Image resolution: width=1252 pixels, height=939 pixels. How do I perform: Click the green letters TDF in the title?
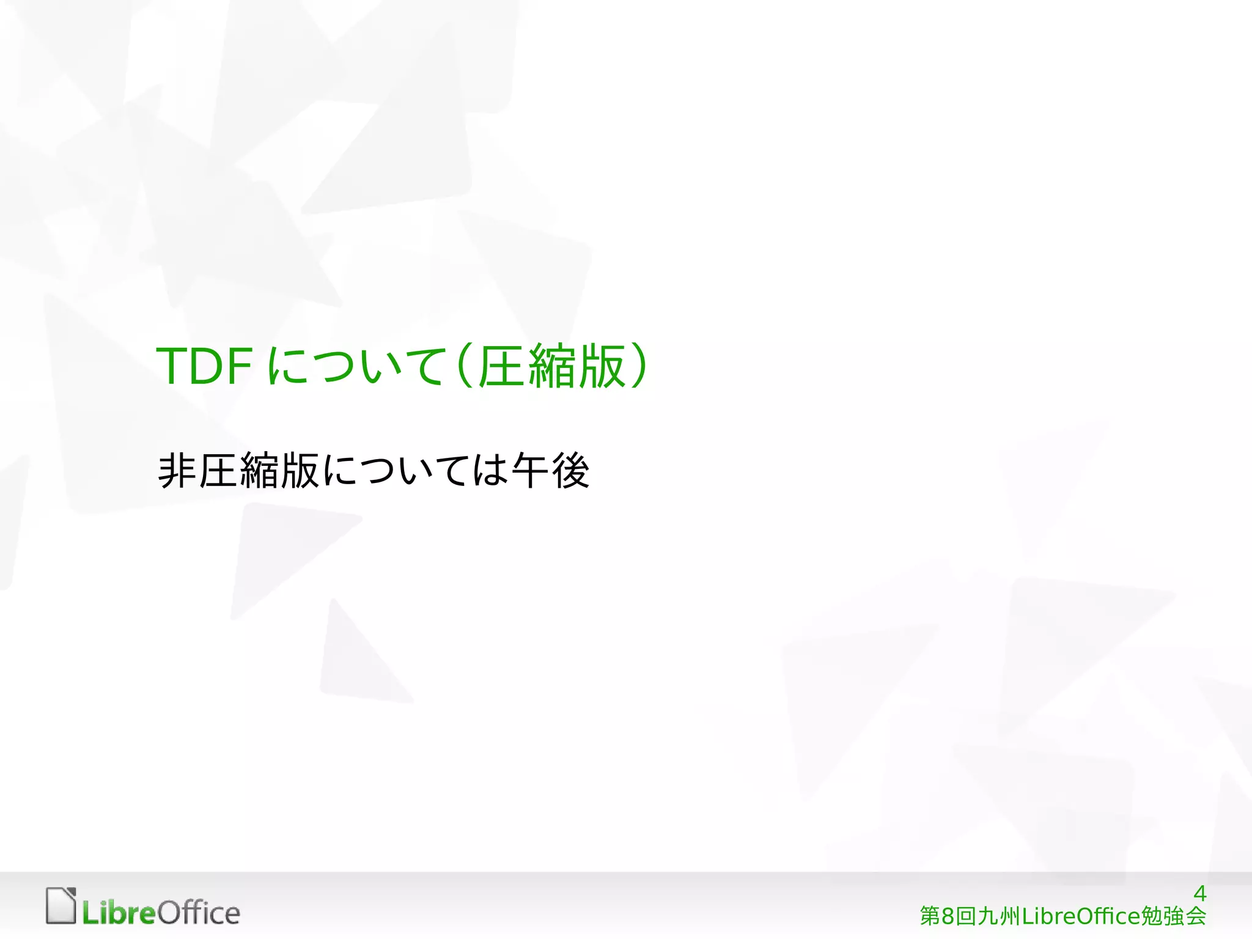click(x=204, y=366)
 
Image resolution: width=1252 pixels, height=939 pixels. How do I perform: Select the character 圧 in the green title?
click(x=501, y=366)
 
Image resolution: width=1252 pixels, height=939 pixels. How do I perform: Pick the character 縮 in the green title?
click(x=552, y=366)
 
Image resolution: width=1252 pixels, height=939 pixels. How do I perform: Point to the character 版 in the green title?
click(x=602, y=366)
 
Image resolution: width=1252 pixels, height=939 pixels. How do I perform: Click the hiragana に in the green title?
click(x=287, y=366)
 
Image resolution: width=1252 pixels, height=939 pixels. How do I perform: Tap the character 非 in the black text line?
click(x=177, y=471)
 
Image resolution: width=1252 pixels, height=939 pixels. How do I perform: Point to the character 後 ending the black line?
click(x=570, y=471)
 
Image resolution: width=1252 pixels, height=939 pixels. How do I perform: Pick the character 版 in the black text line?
click(x=300, y=471)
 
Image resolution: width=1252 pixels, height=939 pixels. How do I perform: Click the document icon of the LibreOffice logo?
click(x=61, y=905)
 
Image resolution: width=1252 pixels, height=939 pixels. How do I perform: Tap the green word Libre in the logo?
click(x=119, y=913)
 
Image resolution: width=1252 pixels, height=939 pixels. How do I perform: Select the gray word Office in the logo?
click(x=199, y=912)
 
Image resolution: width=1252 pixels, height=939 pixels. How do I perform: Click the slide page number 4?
click(x=1199, y=894)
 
